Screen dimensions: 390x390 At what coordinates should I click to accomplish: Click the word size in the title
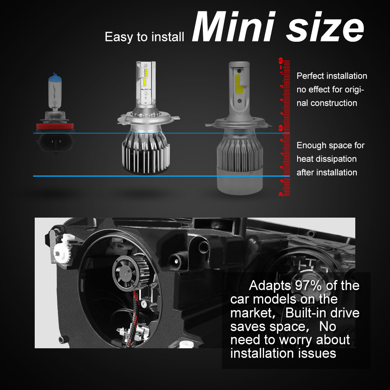coord(321,28)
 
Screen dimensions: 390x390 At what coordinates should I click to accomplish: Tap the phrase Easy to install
coord(144,37)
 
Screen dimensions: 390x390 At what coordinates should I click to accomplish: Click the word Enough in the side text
coord(311,145)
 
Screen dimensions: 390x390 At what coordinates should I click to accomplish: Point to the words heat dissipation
coord(327,159)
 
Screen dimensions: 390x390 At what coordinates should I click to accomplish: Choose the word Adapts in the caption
coord(266,285)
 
